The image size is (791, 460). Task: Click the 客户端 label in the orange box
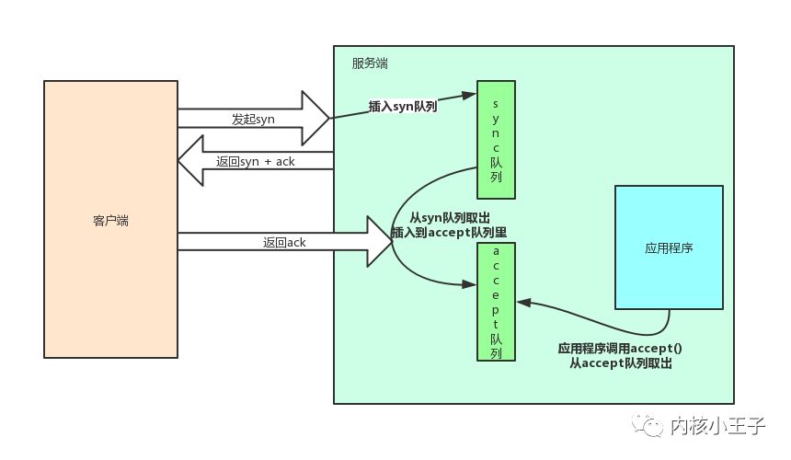coord(110,221)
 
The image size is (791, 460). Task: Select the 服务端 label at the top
coord(370,63)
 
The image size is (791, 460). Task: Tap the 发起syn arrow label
coord(253,119)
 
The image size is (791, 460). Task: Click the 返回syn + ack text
coord(256,161)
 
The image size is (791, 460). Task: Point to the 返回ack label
coord(284,242)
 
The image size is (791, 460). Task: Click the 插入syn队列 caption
coord(403,107)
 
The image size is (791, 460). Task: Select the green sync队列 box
coord(496,140)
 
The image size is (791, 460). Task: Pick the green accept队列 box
coord(496,302)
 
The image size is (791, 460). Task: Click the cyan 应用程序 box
coord(669,247)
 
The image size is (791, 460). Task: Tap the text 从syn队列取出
coord(450,218)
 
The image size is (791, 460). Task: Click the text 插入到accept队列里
coord(450,233)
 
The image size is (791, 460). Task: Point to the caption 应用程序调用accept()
coord(620,348)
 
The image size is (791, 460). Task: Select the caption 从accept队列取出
coord(621,362)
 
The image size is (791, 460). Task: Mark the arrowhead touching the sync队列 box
coord(470,96)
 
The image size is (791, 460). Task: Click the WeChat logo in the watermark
coord(648,426)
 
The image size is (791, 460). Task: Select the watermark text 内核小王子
coord(717,426)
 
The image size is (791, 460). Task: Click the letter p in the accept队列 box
coord(496,310)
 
